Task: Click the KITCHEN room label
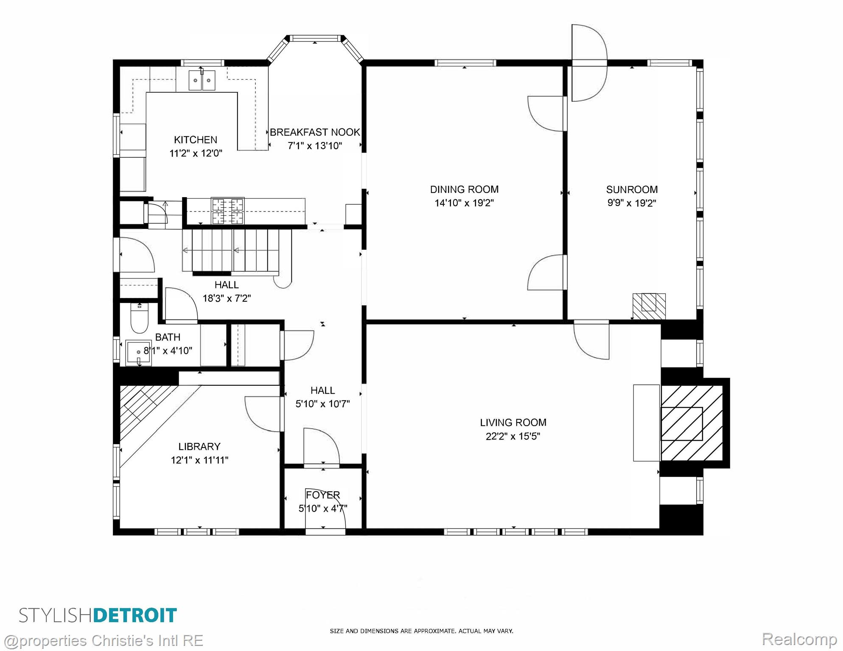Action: pyautogui.click(x=196, y=140)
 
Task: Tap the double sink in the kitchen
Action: pyautogui.click(x=202, y=81)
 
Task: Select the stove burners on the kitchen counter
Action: pyautogui.click(x=228, y=211)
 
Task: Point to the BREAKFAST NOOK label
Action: pyautogui.click(x=315, y=132)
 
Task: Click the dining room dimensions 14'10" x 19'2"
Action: pyautogui.click(x=464, y=203)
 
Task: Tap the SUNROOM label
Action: pyautogui.click(x=632, y=189)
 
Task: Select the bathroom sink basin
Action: pyautogui.click(x=139, y=353)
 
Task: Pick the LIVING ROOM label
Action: pyautogui.click(x=513, y=423)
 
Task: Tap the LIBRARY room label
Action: pyautogui.click(x=199, y=447)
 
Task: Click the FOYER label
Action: pyautogui.click(x=323, y=495)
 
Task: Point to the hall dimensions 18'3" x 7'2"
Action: pyautogui.click(x=227, y=298)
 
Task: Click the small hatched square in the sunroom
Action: pyautogui.click(x=649, y=306)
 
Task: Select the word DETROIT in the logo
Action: pyautogui.click(x=135, y=615)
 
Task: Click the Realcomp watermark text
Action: pyautogui.click(x=799, y=639)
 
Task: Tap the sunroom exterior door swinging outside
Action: pyautogui.click(x=589, y=63)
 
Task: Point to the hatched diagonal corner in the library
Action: pyautogui.click(x=148, y=413)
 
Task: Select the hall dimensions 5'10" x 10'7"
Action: pyautogui.click(x=322, y=404)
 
